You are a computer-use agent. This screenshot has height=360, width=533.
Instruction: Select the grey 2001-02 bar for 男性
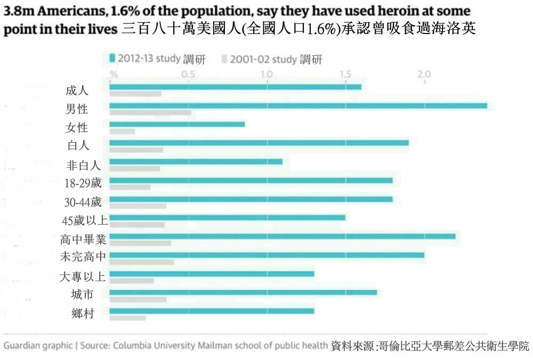click(x=150, y=113)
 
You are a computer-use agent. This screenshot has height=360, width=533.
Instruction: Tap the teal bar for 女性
click(x=177, y=124)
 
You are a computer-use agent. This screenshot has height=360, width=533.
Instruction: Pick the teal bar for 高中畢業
click(x=282, y=236)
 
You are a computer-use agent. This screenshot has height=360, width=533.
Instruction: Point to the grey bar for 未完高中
click(x=141, y=262)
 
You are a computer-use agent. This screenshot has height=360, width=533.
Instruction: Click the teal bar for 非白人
click(x=196, y=161)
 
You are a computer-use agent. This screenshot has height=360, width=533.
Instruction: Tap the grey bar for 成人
click(x=135, y=94)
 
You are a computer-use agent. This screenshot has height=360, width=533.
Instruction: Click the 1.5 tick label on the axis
click(x=345, y=75)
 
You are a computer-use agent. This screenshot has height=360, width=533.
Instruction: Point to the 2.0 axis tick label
click(x=424, y=75)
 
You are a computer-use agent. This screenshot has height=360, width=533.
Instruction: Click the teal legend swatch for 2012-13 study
click(x=112, y=58)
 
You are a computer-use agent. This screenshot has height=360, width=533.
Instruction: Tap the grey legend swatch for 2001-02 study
click(x=224, y=59)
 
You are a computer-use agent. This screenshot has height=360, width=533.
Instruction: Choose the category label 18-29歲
click(x=83, y=183)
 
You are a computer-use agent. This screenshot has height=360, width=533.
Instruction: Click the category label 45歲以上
click(x=85, y=220)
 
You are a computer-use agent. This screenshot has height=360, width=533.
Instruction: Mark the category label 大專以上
click(x=83, y=276)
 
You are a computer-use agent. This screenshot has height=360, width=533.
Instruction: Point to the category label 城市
click(x=83, y=294)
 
